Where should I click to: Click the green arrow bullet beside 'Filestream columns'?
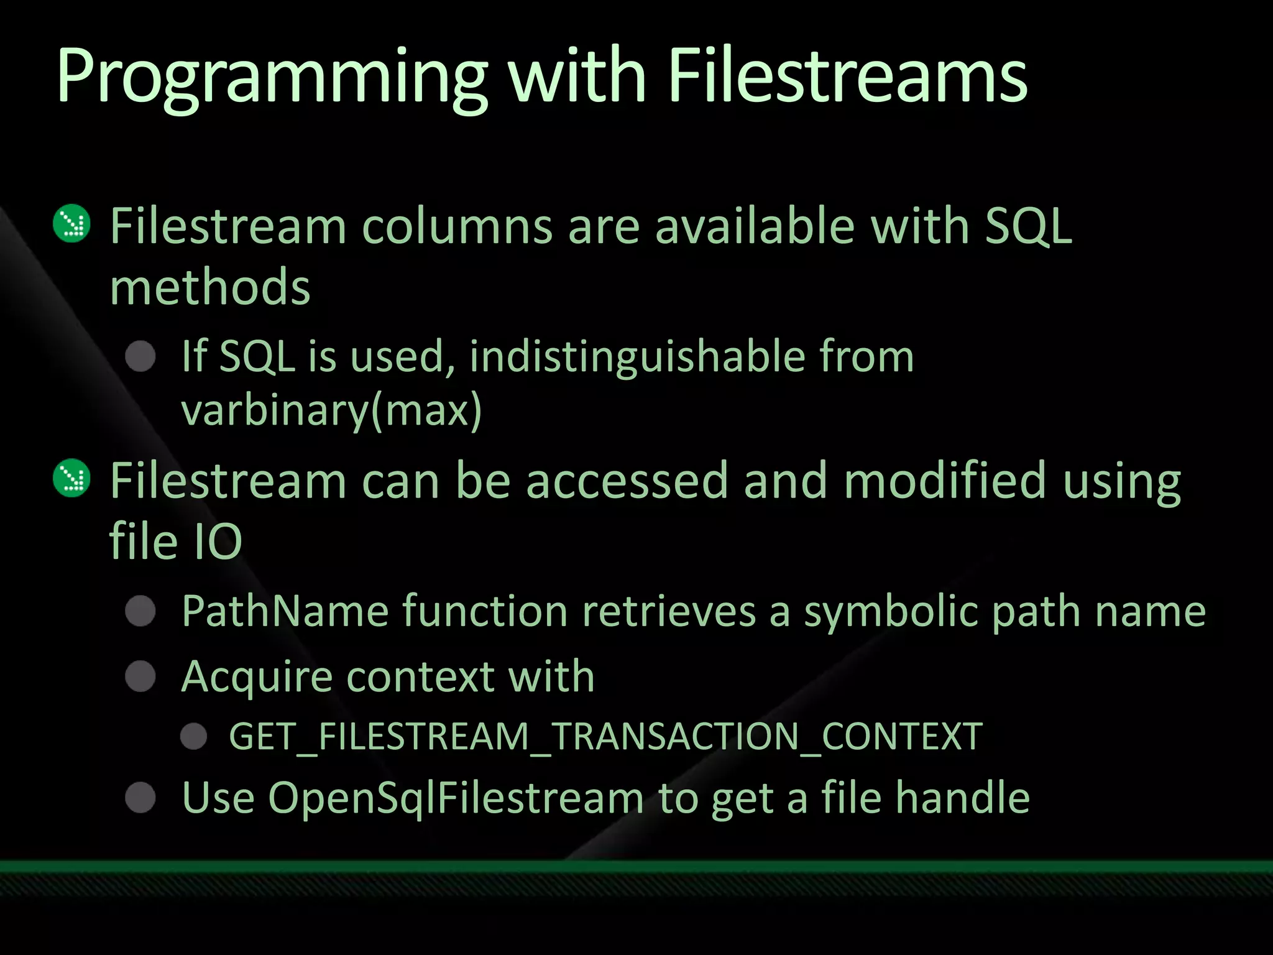coord(72,223)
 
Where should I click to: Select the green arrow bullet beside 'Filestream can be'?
coord(72,477)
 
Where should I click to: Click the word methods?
coord(210,287)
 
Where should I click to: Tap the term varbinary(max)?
coord(331,410)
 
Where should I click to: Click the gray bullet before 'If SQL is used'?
coord(140,357)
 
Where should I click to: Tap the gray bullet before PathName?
coord(140,611)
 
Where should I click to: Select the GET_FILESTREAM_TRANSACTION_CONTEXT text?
coord(605,737)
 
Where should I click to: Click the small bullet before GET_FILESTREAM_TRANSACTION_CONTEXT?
coord(194,737)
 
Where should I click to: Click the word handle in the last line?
coord(962,798)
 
